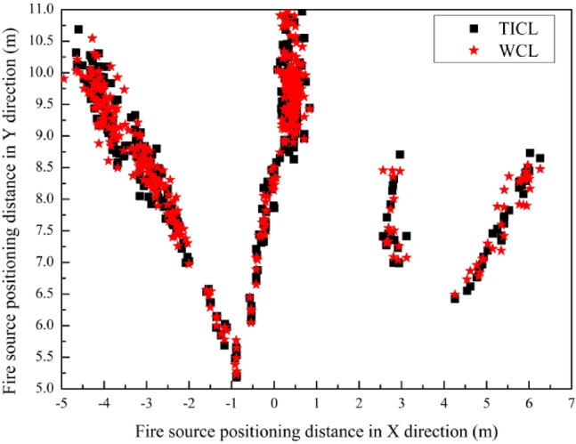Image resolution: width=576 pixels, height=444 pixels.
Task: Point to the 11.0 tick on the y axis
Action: pyautogui.click(x=39, y=9)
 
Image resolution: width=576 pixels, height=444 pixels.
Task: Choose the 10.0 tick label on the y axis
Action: pyautogui.click(x=39, y=72)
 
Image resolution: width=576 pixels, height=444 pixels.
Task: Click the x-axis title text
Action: pyautogui.click(x=316, y=430)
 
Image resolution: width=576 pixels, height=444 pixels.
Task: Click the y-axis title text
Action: pyautogui.click(x=12, y=198)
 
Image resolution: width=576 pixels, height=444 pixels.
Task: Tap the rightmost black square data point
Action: pyautogui.click(x=539, y=158)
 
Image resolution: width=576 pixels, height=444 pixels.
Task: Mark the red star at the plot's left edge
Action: pyautogui.click(x=63, y=78)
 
